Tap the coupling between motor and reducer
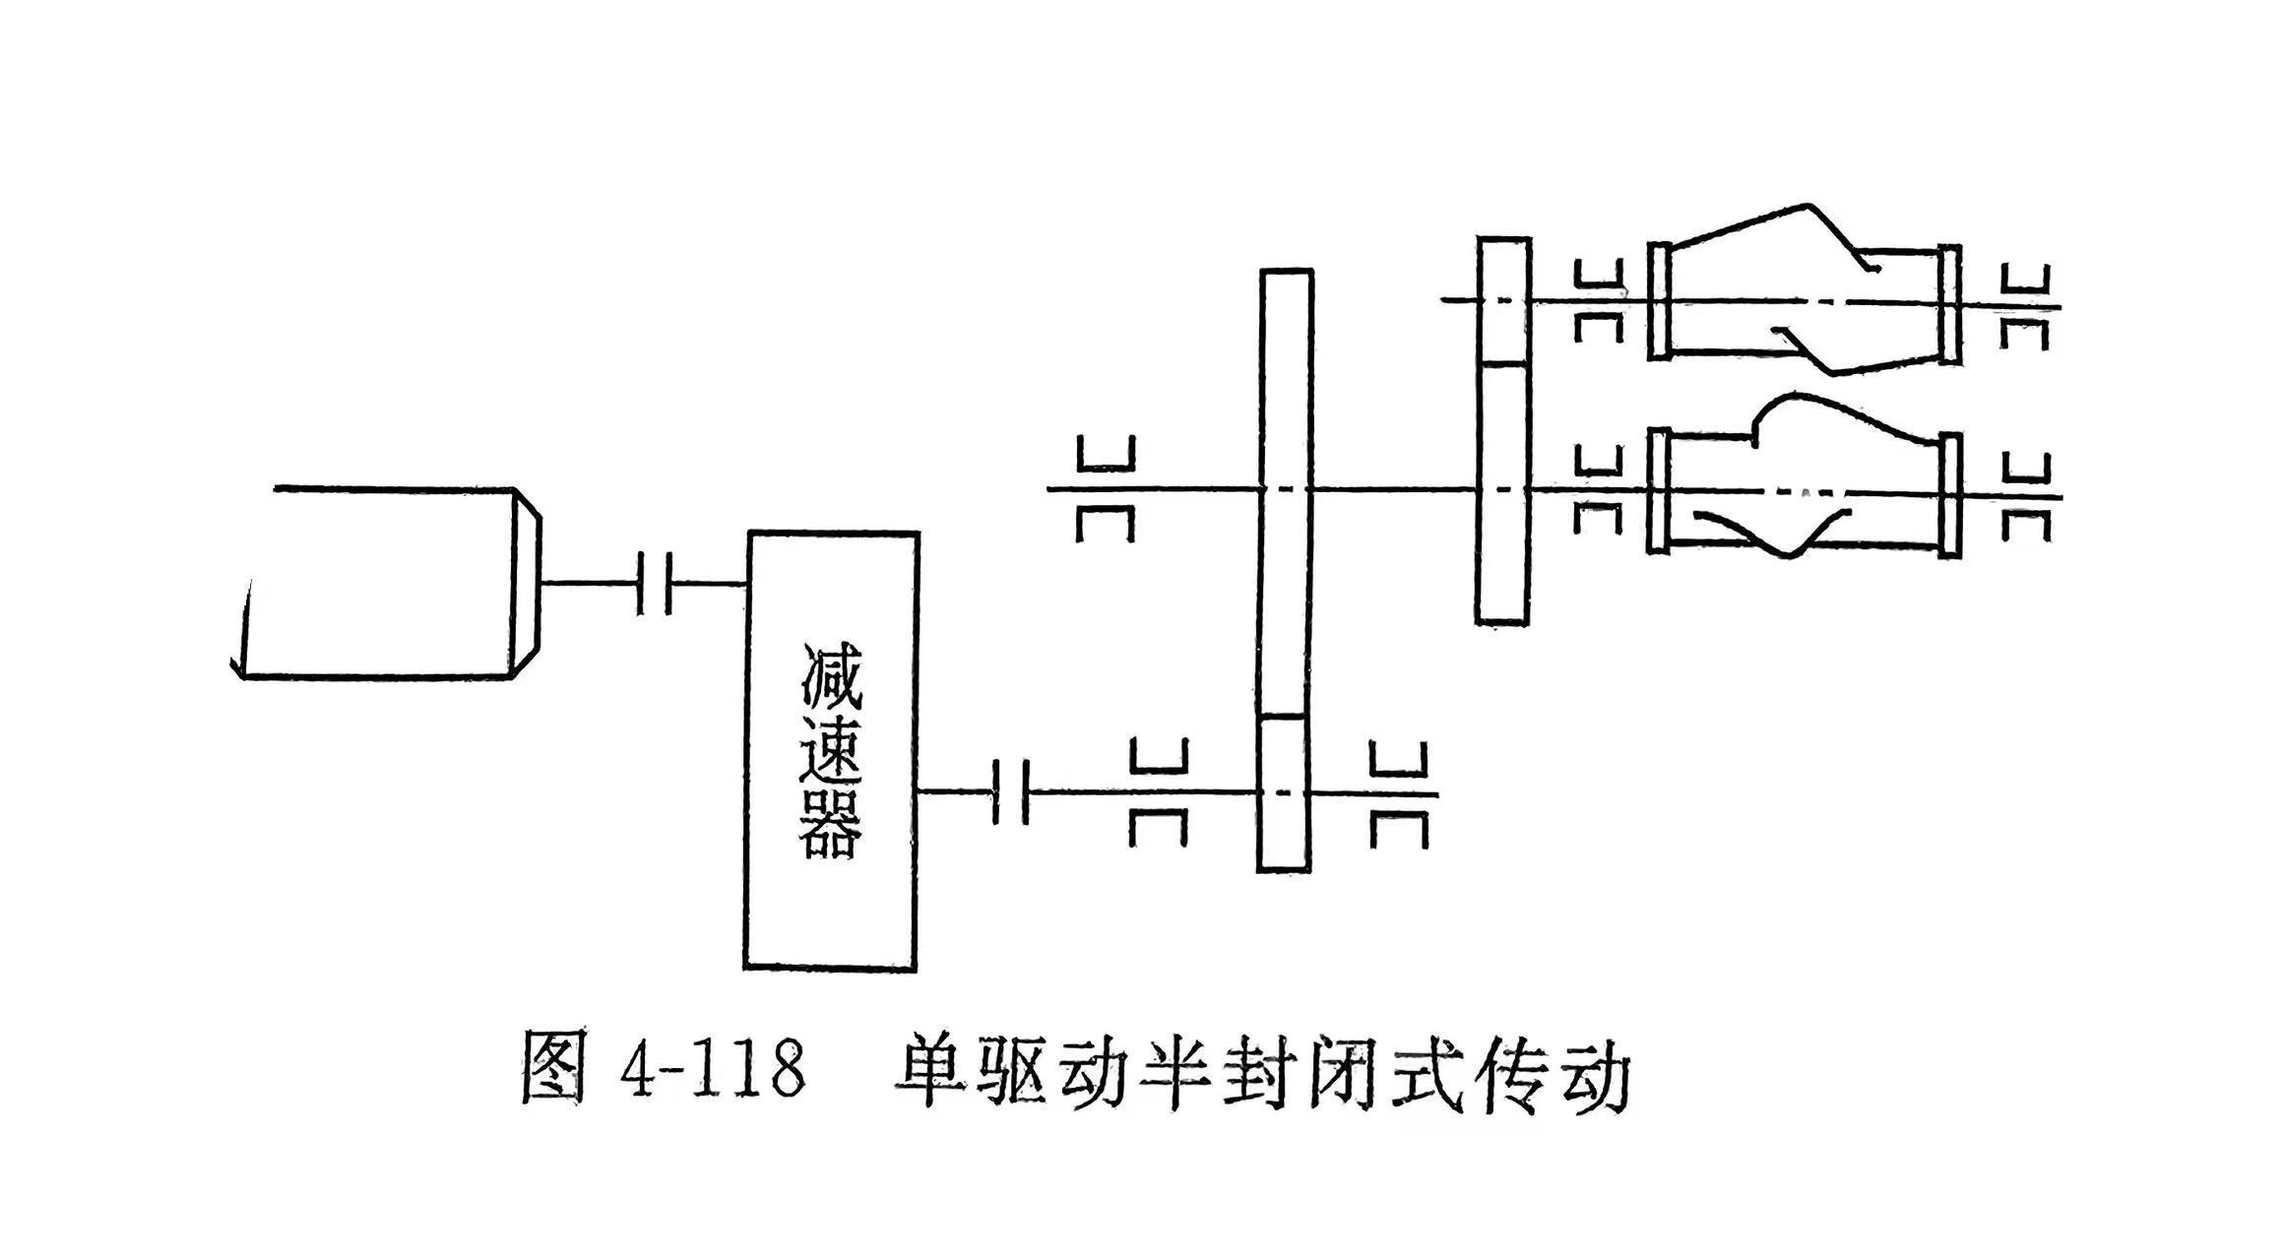655,584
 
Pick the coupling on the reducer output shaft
1011,791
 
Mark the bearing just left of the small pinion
1159,792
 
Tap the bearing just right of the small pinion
1399,793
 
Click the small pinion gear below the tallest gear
1286,793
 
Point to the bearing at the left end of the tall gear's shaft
1106,489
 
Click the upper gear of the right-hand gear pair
1503,300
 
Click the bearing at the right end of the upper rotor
2026,307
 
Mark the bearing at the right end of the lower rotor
2026,497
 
